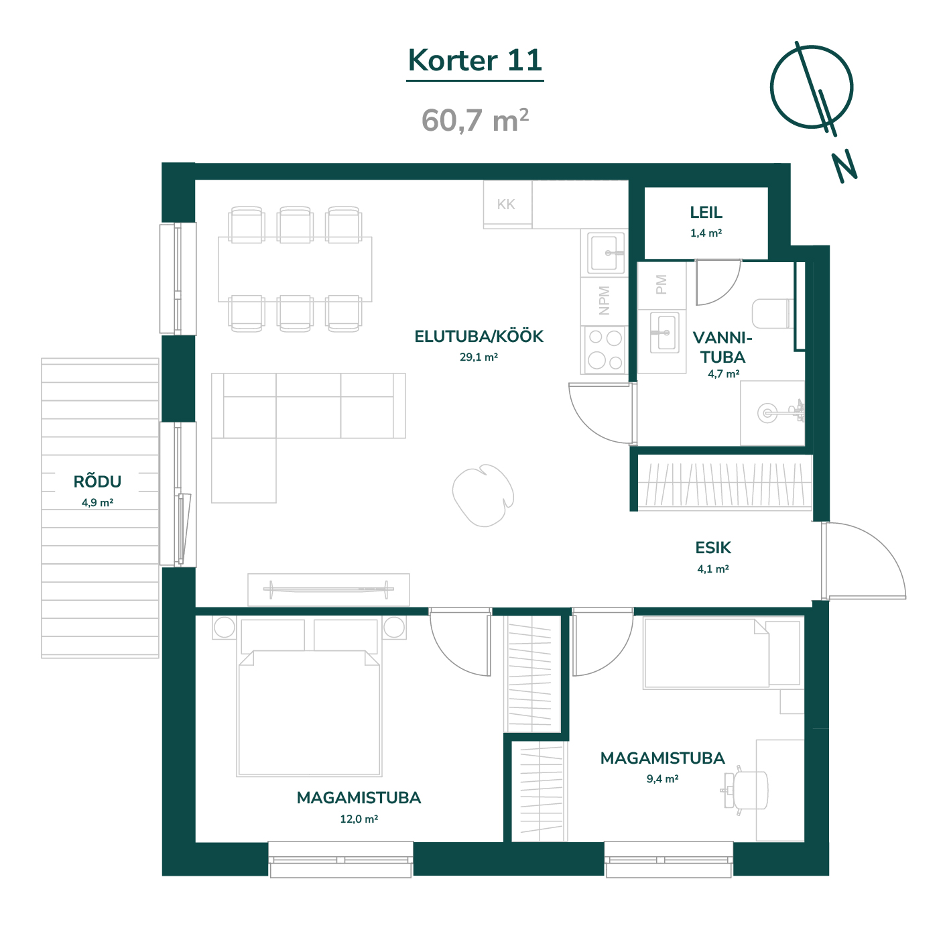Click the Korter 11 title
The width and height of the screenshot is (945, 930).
pos(475,60)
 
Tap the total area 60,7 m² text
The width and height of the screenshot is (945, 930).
pos(475,120)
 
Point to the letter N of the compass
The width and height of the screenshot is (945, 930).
pos(844,167)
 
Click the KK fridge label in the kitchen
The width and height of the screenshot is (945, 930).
pos(506,204)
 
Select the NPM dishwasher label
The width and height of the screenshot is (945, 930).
pos(604,300)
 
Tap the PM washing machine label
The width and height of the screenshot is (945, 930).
pos(661,285)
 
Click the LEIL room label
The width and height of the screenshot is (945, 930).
pos(706,213)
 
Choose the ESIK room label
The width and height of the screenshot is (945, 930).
pos(713,548)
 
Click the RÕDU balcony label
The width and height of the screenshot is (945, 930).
pos(98,481)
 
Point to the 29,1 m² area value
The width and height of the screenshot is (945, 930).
pos(479,357)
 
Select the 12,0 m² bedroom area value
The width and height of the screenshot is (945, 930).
pos(359,819)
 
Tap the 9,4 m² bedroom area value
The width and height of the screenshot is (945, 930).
pos(663,778)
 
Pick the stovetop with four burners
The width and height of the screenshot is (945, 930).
pos(605,349)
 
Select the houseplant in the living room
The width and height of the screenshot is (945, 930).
pos(483,495)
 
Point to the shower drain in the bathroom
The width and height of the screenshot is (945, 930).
pos(767,413)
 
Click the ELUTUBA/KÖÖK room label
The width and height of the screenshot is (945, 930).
pos(479,336)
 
